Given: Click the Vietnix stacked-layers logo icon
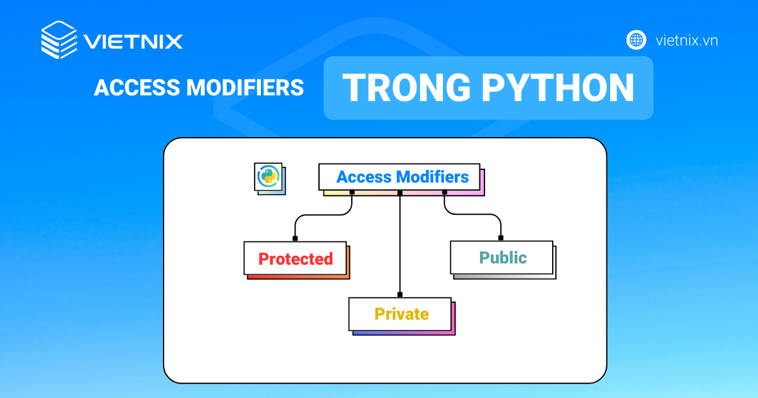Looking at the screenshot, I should click(58, 40).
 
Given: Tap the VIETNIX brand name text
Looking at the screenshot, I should click(133, 42).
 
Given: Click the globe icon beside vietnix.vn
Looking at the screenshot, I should click(636, 40).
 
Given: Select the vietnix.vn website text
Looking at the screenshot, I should click(687, 40).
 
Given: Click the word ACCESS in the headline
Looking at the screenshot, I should click(135, 88).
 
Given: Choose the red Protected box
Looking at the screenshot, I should click(295, 258).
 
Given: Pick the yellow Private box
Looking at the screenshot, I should click(400, 314).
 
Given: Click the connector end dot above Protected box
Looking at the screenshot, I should click(295, 238).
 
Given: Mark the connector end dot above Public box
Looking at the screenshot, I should click(501, 238).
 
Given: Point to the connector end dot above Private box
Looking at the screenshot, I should click(400, 294).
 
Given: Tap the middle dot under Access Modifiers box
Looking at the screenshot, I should click(400, 192).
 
